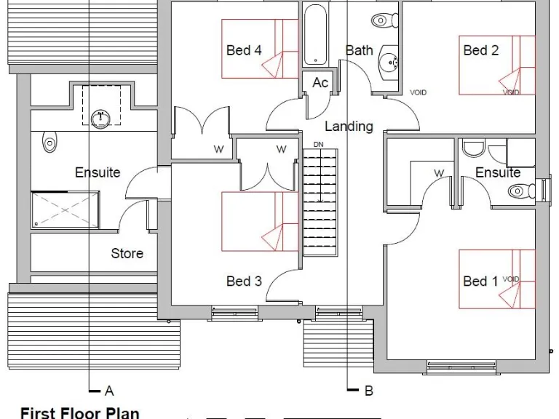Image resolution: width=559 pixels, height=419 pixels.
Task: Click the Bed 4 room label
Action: point(244,50)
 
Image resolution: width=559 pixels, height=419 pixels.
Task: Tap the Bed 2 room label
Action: point(481,50)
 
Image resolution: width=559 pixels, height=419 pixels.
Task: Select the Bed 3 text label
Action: point(244,281)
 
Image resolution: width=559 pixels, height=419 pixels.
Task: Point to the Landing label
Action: point(349,126)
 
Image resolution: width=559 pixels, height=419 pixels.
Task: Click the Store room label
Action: point(127,254)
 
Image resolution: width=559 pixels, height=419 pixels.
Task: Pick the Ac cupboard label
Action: point(320,83)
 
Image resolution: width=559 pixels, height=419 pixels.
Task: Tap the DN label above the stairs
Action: point(318,145)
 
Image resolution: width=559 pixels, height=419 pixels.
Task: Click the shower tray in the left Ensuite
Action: point(64,212)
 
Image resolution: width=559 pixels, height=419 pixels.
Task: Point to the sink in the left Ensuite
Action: point(100,116)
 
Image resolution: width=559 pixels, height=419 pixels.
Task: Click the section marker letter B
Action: point(369,391)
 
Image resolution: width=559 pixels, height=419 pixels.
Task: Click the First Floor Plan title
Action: point(79,412)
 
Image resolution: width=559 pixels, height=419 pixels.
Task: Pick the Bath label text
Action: point(359,50)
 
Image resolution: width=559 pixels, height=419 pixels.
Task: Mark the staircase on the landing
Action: point(320,200)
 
